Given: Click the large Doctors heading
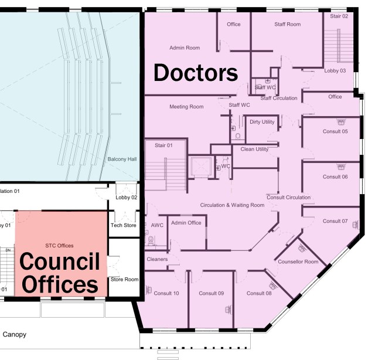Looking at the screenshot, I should [196, 73].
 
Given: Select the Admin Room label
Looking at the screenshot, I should [185, 48].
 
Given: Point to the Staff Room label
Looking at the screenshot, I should [287, 24].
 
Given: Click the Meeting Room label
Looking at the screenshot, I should [186, 107].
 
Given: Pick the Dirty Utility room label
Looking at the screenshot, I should [262, 122].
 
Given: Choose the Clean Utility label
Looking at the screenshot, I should [254, 149].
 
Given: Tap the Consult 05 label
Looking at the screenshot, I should [335, 131].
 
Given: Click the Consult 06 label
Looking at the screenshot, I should [335, 176].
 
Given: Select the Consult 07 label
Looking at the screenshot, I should [335, 221].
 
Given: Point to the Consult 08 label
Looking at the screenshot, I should [259, 293].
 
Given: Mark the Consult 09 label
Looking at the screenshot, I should [211, 293].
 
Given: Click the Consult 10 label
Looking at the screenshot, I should [166, 293].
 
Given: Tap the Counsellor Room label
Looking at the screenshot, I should [298, 261].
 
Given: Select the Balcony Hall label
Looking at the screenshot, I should [122, 159].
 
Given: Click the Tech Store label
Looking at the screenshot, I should [123, 225].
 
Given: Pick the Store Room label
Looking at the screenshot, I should [124, 279].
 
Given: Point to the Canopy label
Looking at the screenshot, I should [14, 335].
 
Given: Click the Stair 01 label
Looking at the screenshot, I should [163, 145].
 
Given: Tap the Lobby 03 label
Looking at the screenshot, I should [335, 70].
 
